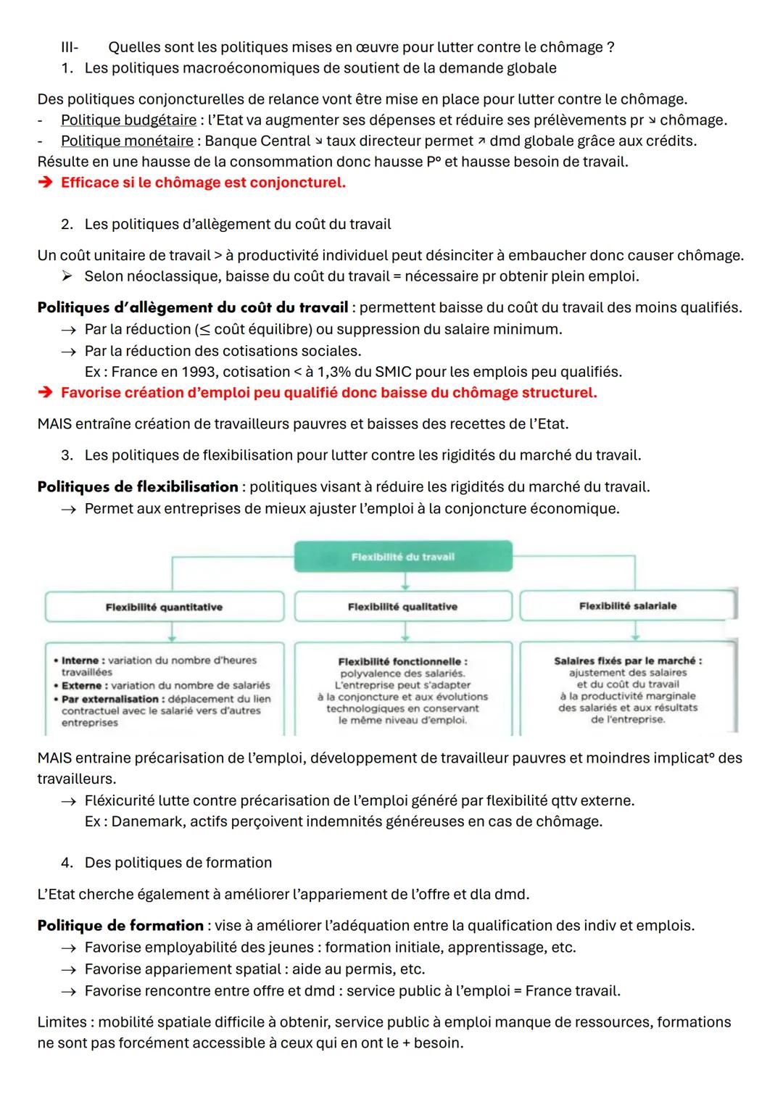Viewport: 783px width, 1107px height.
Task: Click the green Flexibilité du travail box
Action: click(403, 557)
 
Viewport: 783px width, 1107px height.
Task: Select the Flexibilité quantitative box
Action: click(164, 607)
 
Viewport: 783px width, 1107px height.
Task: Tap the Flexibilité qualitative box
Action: click(402, 607)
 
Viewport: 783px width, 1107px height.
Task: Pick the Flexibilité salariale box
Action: click(627, 605)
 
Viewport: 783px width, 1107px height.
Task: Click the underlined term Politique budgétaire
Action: click(128, 120)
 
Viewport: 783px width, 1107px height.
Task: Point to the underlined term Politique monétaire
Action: click(127, 141)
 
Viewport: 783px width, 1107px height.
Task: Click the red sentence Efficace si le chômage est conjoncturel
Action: click(203, 183)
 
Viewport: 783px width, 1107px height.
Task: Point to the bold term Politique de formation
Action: click(120, 926)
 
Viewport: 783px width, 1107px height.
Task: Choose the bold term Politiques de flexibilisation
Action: click(137, 486)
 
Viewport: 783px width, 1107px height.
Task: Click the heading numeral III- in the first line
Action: click(70, 48)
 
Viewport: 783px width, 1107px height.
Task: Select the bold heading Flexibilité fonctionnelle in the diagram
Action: click(402, 661)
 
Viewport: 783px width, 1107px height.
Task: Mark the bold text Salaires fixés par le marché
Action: click(627, 660)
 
